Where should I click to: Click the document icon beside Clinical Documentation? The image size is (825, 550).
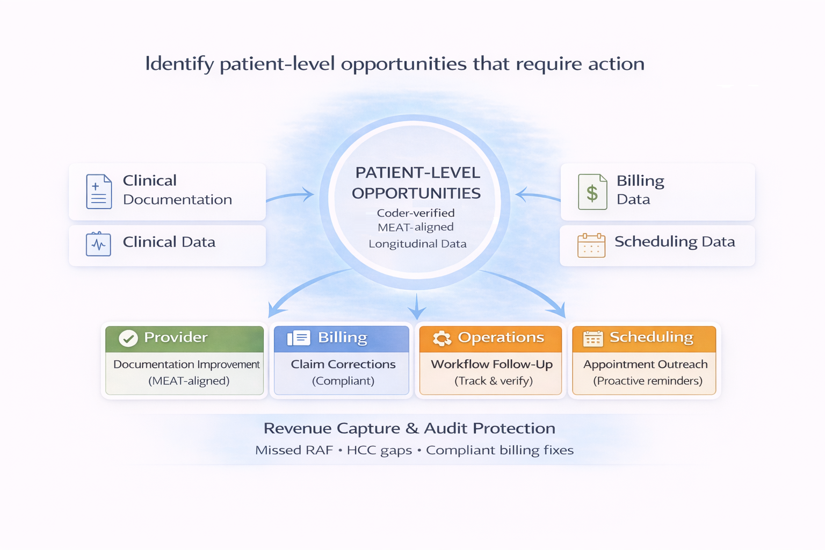click(x=99, y=192)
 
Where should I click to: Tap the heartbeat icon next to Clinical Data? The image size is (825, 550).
click(x=98, y=244)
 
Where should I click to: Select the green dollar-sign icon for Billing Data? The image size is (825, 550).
click(x=592, y=192)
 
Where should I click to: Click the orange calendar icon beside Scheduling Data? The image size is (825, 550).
click(x=591, y=245)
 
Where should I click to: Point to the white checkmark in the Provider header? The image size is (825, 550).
click(x=128, y=338)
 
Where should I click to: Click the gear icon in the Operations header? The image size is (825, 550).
click(x=442, y=338)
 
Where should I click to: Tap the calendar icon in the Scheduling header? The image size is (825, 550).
click(x=593, y=338)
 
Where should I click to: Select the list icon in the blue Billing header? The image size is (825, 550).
click(x=299, y=338)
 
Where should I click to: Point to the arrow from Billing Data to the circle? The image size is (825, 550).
click(x=537, y=196)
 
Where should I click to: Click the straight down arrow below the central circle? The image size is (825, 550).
click(x=417, y=307)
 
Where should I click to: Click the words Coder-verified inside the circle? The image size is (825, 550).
click(x=416, y=213)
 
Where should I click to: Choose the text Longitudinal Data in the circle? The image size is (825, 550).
click(x=417, y=244)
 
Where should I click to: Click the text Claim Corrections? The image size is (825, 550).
click(x=343, y=364)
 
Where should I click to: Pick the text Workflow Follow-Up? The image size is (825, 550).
click(x=491, y=364)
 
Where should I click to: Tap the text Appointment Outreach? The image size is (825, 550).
click(x=645, y=364)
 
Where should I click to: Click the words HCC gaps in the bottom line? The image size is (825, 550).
click(x=379, y=450)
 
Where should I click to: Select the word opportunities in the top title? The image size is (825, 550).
click(x=403, y=64)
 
